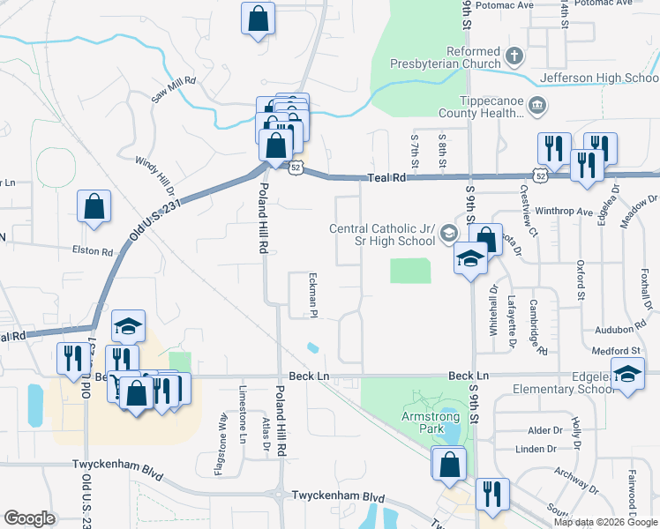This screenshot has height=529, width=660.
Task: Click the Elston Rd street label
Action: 94,251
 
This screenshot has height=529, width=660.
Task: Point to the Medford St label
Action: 614,351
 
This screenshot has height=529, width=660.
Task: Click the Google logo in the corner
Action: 29,518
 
